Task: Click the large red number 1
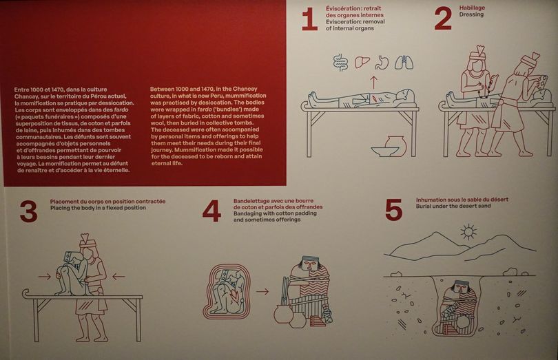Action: [x=309, y=19]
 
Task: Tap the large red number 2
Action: [x=443, y=19]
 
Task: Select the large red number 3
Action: [x=29, y=211]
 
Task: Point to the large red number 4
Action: [x=211, y=211]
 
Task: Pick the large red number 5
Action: [x=393, y=209]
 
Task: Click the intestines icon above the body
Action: [x=340, y=63]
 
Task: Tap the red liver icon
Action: [x=362, y=63]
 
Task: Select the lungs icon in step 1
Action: [x=404, y=62]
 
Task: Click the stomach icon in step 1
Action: [x=382, y=62]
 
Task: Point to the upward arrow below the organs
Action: [x=373, y=82]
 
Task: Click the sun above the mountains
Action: [x=468, y=232]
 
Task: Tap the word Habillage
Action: [x=472, y=8]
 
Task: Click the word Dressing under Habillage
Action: [x=471, y=14]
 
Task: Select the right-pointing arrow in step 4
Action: [x=262, y=292]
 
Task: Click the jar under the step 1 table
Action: [x=395, y=145]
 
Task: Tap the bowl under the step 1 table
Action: [x=384, y=151]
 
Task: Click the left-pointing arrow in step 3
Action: [x=118, y=276]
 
